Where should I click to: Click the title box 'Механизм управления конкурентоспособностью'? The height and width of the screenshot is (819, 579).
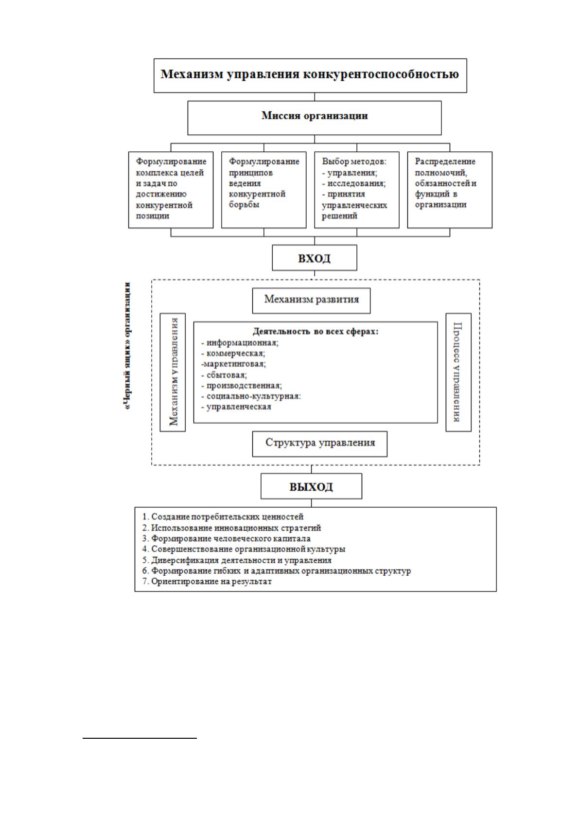[310, 75]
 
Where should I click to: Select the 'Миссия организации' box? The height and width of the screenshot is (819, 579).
[315, 118]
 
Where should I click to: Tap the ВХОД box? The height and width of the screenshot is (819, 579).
[315, 258]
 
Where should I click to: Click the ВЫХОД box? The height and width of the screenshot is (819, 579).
[311, 486]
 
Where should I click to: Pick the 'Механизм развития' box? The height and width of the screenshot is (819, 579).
[311, 301]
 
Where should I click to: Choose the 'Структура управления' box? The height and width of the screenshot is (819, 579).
[319, 444]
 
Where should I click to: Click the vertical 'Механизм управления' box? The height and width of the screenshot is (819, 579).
[173, 372]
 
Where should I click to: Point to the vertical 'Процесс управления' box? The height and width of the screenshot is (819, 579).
[458, 372]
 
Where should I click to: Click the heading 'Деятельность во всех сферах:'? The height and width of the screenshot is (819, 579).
[316, 331]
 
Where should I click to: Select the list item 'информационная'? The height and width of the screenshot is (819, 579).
[239, 342]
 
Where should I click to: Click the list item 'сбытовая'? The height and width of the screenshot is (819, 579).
[224, 375]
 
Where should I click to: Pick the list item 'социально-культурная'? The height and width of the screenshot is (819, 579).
[251, 396]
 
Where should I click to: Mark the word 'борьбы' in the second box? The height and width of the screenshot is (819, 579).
[244, 204]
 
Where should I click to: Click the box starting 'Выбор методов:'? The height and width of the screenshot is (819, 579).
[357, 190]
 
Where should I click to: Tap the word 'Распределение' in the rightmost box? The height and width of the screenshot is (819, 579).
[445, 161]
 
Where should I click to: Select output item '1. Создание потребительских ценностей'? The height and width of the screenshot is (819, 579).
[223, 516]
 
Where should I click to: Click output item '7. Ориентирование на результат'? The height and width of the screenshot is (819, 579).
[207, 581]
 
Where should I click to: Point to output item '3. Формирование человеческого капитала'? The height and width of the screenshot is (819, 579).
[226, 538]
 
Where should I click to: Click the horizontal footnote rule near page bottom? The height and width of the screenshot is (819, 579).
[140, 738]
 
